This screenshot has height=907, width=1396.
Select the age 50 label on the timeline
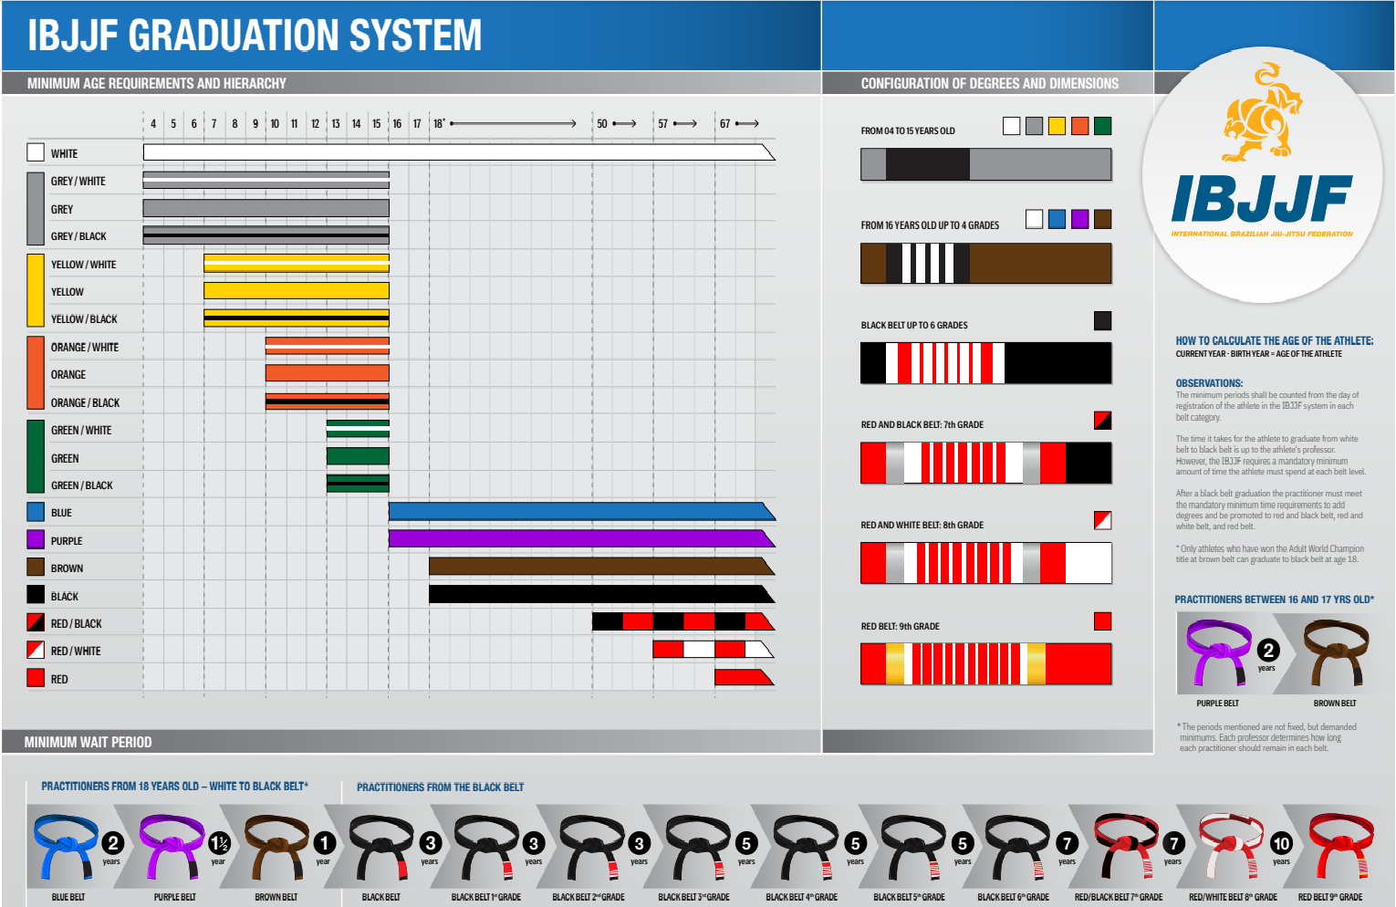click(x=602, y=123)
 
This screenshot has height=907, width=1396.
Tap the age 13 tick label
click(x=336, y=123)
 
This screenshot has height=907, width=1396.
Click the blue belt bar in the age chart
click(x=580, y=512)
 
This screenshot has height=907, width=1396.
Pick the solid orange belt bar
click(x=327, y=373)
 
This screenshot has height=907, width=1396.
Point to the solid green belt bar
click(x=358, y=456)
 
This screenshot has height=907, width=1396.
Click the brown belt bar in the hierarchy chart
click(x=600, y=567)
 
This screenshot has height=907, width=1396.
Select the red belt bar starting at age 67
click(x=743, y=677)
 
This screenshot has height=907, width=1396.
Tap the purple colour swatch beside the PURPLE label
click(x=36, y=539)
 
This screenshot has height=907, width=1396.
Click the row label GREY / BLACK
click(x=78, y=236)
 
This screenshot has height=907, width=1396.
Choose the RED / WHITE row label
click(x=76, y=651)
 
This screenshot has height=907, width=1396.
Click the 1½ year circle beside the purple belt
click(x=219, y=844)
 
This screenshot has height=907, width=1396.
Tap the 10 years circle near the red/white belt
click(x=1281, y=844)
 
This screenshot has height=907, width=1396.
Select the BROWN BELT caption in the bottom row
click(x=276, y=897)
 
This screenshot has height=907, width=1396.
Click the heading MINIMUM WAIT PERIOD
click(x=88, y=742)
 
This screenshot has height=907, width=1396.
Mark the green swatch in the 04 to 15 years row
click(x=1102, y=126)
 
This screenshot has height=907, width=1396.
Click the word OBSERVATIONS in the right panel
click(x=1209, y=383)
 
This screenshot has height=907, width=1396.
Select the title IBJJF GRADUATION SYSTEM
click(x=255, y=36)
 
